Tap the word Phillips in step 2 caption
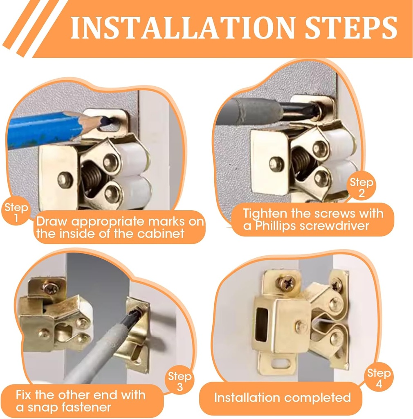tap(274, 225)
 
